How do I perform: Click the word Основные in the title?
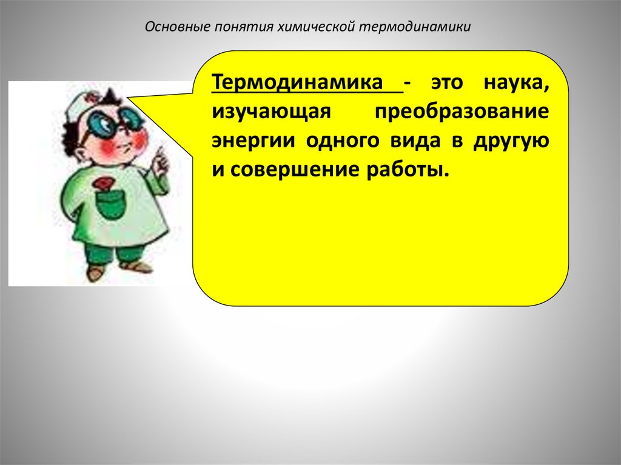tap(176, 28)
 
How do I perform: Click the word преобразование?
tap(462, 112)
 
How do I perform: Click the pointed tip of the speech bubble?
tap(129, 98)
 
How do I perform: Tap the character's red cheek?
tap(137, 141)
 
